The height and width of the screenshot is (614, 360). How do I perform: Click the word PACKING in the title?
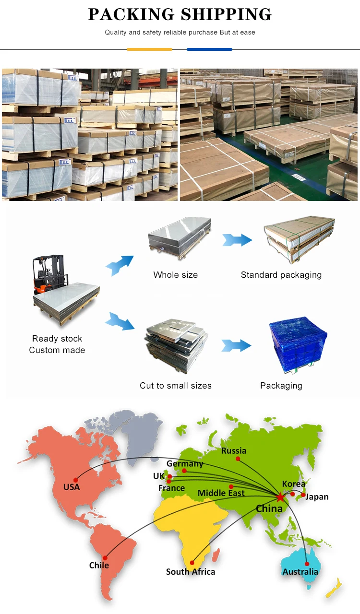click(131, 14)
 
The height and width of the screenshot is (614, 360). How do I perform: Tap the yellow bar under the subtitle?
click(150, 49)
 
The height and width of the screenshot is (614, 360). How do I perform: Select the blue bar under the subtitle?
click(209, 49)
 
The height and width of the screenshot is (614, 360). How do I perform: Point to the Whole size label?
click(176, 275)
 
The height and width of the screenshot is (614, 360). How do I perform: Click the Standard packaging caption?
click(281, 275)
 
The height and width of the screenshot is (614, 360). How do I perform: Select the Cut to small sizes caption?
click(176, 386)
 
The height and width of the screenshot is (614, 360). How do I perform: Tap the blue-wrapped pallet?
click(298, 345)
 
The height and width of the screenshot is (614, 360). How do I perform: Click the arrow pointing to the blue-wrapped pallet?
click(236, 345)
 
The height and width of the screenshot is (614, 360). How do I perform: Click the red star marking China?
click(280, 497)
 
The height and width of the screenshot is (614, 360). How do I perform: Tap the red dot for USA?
click(76, 480)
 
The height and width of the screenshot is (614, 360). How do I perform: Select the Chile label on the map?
click(99, 565)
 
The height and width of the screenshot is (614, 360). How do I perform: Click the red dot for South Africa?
click(192, 563)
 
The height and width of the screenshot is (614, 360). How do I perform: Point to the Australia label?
click(300, 572)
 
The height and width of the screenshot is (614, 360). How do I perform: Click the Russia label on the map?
click(234, 450)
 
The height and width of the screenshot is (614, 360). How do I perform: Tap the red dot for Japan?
click(303, 495)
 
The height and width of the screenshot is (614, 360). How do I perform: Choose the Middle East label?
click(221, 493)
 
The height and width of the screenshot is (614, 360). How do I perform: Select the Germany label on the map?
click(185, 464)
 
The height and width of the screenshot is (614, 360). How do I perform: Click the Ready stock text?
click(57, 339)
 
